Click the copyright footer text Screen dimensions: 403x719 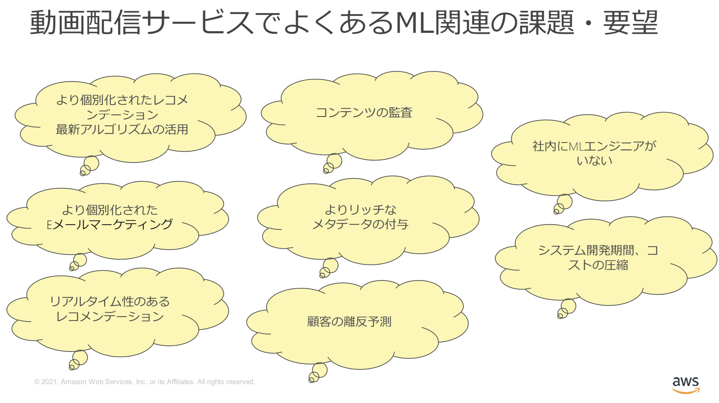[x=144, y=382]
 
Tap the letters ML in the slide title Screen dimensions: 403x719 [x=415, y=23]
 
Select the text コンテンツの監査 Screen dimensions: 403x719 [x=364, y=113]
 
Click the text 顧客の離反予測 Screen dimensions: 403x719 [x=349, y=322]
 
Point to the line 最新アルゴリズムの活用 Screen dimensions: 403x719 [x=122, y=130]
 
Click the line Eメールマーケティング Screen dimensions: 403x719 [x=110, y=225]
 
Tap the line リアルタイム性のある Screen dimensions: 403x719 [x=110, y=301]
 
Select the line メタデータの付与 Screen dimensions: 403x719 [x=360, y=224]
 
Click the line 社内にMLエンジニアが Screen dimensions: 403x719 [x=594, y=146]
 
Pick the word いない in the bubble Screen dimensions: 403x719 [x=594, y=161]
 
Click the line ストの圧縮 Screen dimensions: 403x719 [x=598, y=265]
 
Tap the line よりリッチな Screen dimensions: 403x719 [x=360, y=210]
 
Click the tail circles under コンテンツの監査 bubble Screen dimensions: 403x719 [x=332, y=164]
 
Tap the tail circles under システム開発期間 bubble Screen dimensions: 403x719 [x=566, y=309]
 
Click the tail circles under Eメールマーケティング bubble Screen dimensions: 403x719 [x=78, y=262]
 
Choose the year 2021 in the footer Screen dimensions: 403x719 [x=50, y=382]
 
